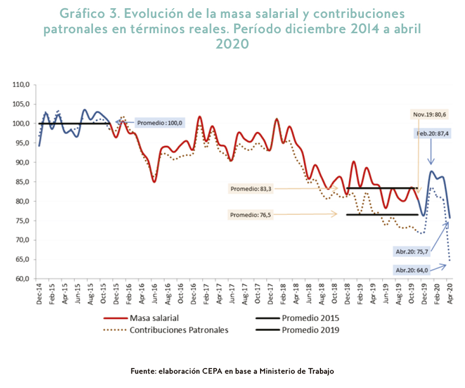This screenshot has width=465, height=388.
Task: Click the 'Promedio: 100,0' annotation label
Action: coord(159,123)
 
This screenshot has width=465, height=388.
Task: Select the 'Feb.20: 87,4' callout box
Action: coord(432,133)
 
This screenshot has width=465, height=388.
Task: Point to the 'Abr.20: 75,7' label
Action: coord(411,251)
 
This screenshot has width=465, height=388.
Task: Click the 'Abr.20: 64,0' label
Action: coord(411,269)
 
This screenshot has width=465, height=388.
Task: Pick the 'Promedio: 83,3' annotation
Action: coord(250,189)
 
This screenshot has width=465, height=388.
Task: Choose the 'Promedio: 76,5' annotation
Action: coord(250,215)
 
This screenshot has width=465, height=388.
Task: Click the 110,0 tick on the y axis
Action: coord(22,84)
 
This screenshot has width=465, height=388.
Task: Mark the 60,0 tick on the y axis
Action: coord(22,279)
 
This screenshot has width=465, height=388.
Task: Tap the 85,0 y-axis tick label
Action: coord(22,181)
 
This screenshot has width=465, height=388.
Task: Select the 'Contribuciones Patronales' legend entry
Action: coord(179,330)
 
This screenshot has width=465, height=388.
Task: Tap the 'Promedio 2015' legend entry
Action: coord(310,318)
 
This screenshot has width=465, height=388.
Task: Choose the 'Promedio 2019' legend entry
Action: coord(310,330)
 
